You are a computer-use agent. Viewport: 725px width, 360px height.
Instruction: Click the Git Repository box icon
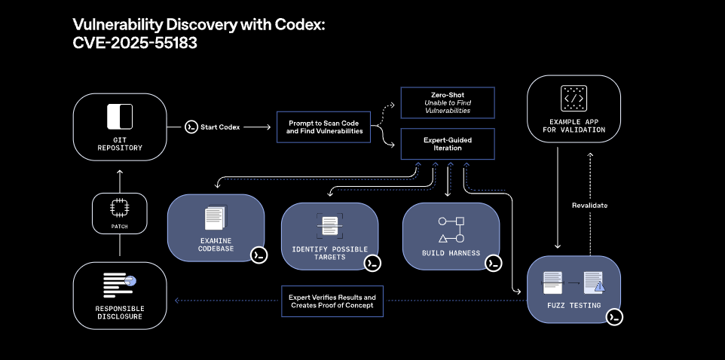tap(120, 117)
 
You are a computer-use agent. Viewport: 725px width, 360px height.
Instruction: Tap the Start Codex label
tap(219, 127)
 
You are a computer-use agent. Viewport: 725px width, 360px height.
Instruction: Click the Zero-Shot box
tap(446, 102)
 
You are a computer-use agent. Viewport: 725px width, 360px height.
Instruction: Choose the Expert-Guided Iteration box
tap(446, 143)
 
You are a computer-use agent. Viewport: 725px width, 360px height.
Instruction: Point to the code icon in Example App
tap(574, 99)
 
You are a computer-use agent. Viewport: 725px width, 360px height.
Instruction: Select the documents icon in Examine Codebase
tap(216, 219)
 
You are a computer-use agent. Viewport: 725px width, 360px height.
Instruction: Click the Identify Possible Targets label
tap(329, 252)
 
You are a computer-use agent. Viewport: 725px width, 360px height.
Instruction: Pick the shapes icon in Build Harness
tap(451, 227)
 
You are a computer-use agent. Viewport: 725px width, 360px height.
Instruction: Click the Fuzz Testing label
tap(573, 305)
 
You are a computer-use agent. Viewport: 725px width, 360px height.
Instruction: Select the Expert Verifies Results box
tap(332, 302)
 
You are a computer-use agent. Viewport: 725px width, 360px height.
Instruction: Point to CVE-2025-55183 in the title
tap(135, 43)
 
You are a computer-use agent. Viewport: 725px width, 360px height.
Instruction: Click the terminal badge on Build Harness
tap(494, 263)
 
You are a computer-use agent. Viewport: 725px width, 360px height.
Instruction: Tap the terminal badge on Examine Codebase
tap(258, 255)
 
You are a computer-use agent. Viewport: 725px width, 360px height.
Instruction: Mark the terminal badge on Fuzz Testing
tap(614, 317)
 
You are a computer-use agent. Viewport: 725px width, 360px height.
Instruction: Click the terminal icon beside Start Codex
tap(191, 127)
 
